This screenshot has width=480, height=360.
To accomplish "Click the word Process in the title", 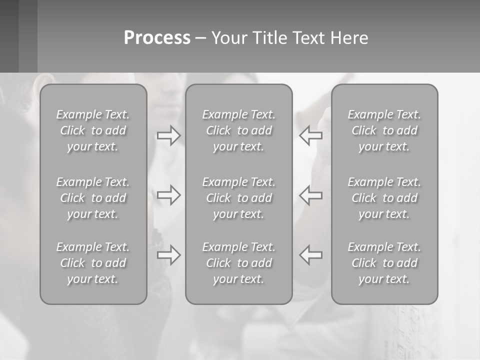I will click(157, 38).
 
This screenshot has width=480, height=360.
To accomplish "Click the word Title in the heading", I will click(267, 38).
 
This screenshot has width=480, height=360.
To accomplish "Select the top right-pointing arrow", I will click(169, 135).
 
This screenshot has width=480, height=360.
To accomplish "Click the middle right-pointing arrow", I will click(169, 194).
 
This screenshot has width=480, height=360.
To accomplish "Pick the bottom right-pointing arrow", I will click(169, 254).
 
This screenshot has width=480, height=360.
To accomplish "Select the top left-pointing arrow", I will click(311, 135).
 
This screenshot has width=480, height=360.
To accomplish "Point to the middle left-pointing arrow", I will click(311, 194).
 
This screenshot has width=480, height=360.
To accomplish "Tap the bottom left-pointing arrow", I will click(311, 254).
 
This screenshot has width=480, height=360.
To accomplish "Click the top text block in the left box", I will click(93, 130).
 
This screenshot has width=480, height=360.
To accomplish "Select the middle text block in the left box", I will click(93, 198).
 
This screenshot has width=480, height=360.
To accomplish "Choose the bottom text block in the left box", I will click(93, 263).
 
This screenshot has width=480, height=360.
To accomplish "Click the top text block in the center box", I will click(239, 130).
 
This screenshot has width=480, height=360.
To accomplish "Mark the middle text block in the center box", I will click(239, 198).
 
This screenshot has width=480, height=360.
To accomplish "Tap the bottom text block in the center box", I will click(239, 263).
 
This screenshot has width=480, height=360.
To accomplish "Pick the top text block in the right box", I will click(384, 130).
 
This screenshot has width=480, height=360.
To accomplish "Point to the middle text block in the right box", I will click(384, 198).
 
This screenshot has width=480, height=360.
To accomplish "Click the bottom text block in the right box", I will click(384, 263).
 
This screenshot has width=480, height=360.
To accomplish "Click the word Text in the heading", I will click(309, 38).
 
